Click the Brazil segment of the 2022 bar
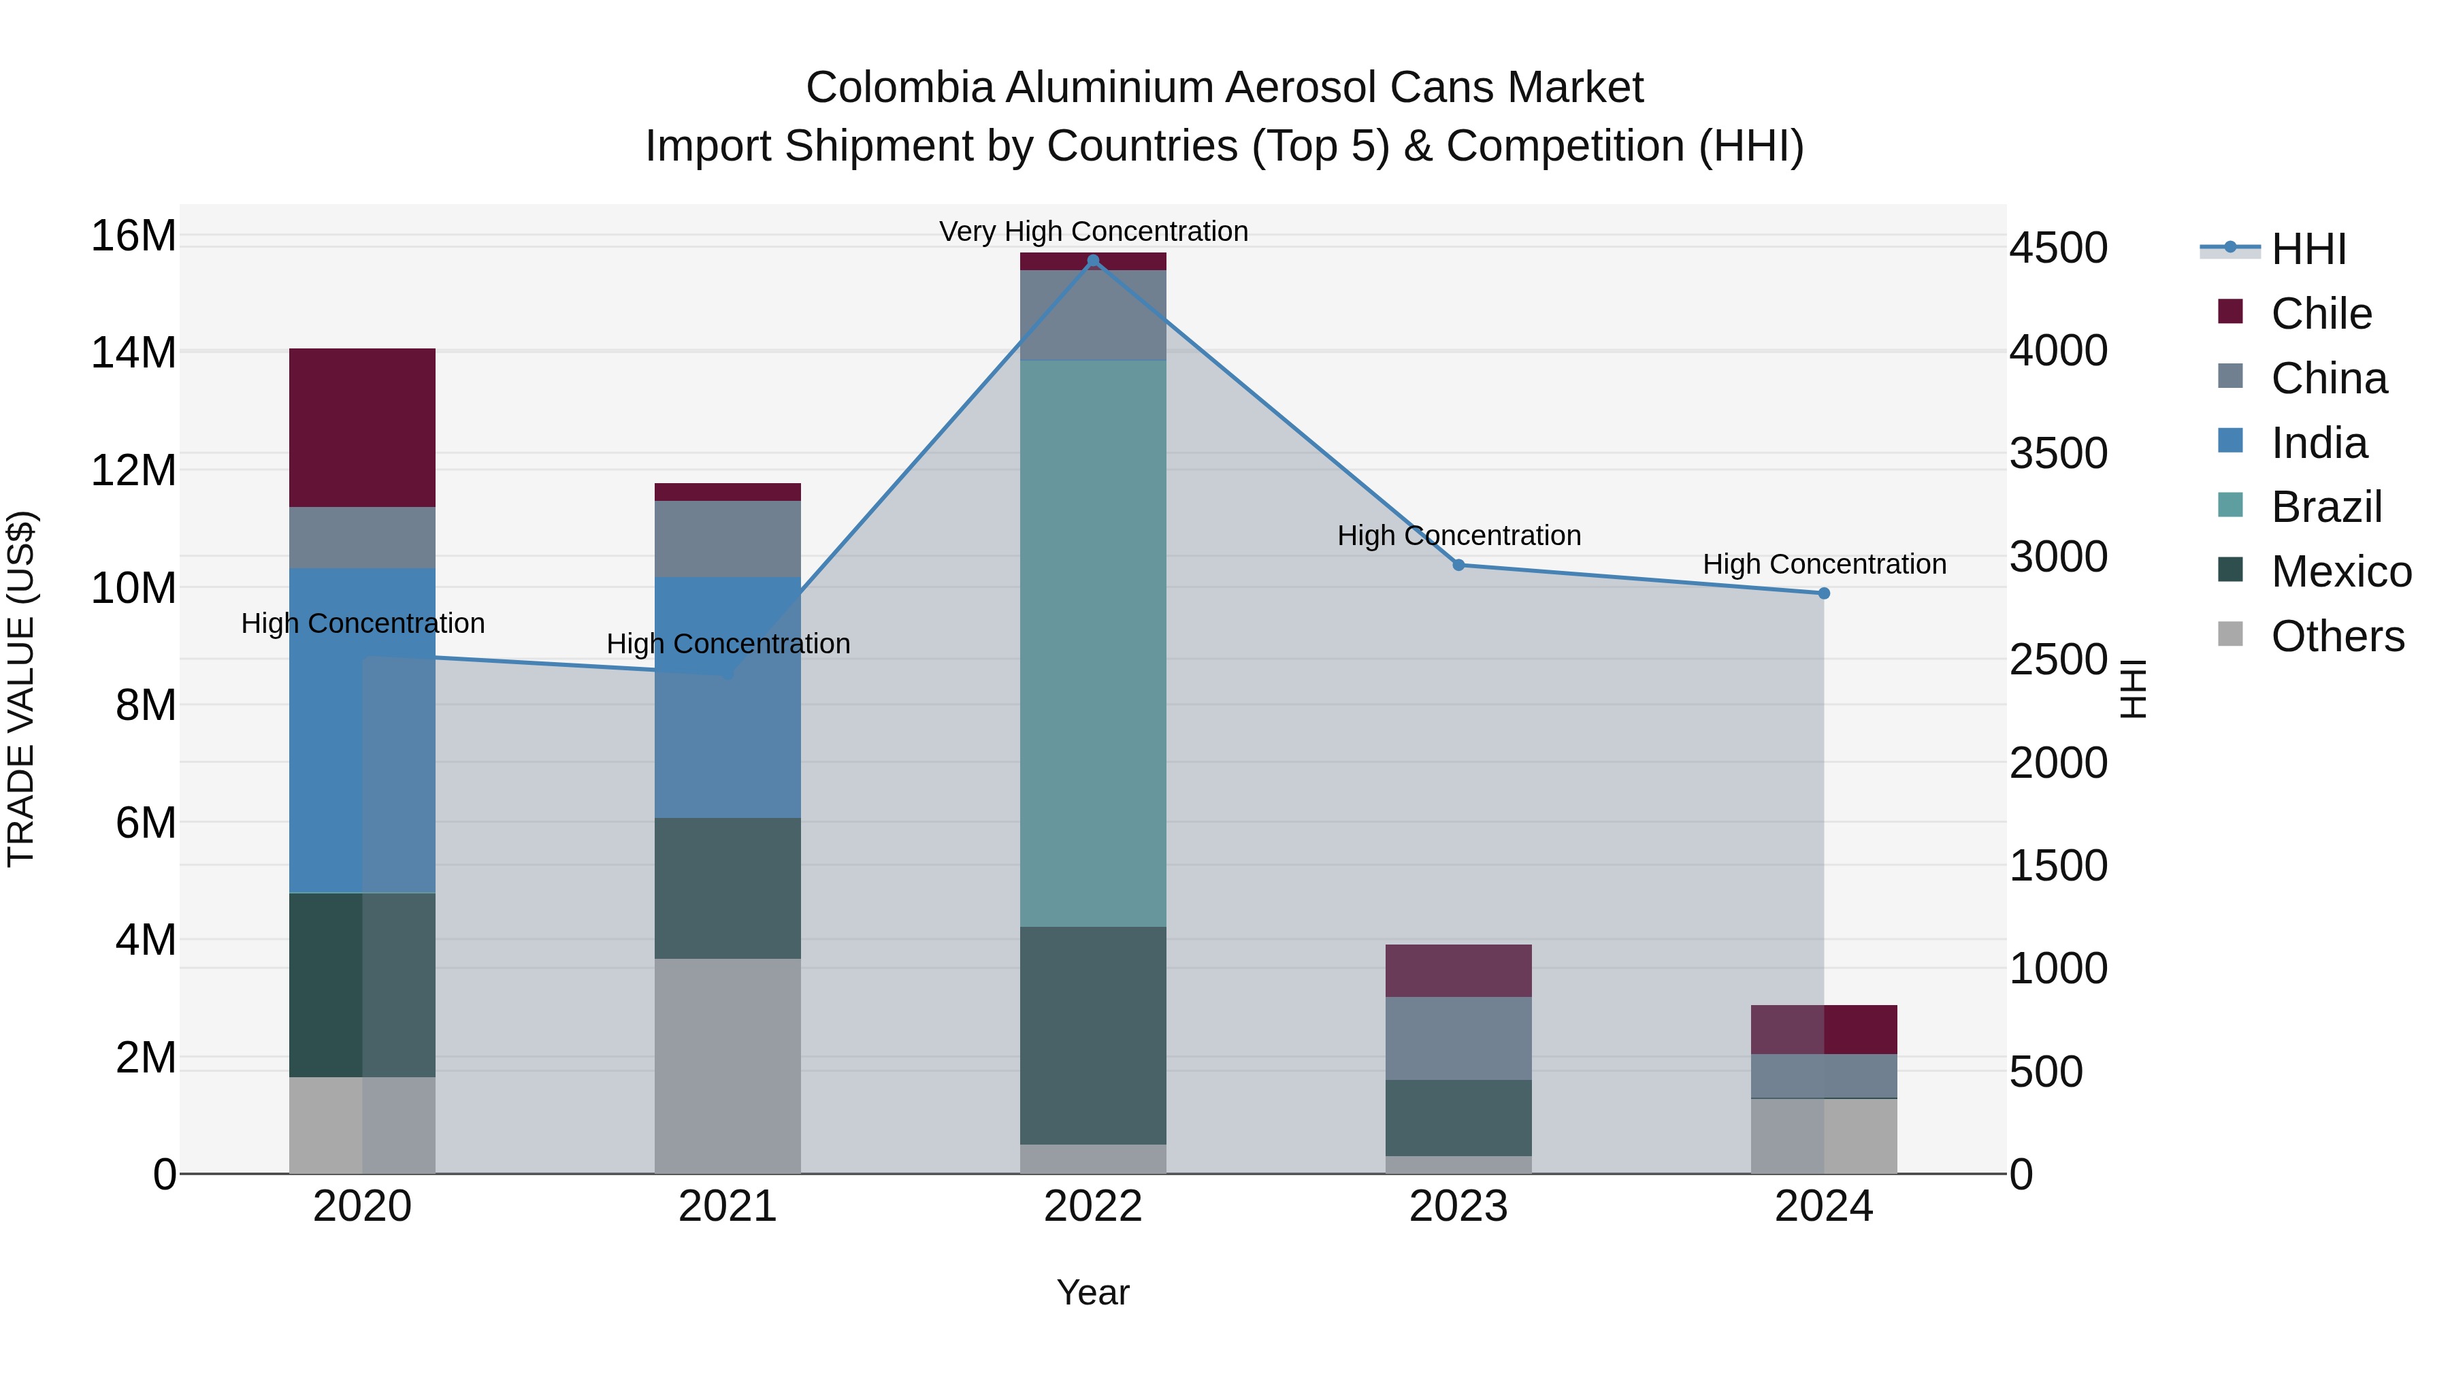tap(1093, 643)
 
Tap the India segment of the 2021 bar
tap(728, 697)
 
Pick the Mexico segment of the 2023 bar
tap(1458, 1117)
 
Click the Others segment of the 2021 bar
tap(728, 1065)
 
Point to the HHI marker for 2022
tap(1093, 261)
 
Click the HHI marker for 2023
tap(1458, 565)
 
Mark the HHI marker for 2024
tap(1823, 593)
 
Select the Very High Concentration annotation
tap(1093, 231)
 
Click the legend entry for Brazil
tap(2326, 507)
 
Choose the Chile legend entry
tap(2321, 314)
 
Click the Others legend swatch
tap(2229, 634)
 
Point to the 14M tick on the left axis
tap(133, 352)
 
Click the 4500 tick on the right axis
tap(2057, 248)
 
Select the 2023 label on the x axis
tap(1458, 1207)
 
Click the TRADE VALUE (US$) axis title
tap(21, 689)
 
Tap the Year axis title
tap(1093, 1292)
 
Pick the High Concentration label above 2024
tap(1823, 564)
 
